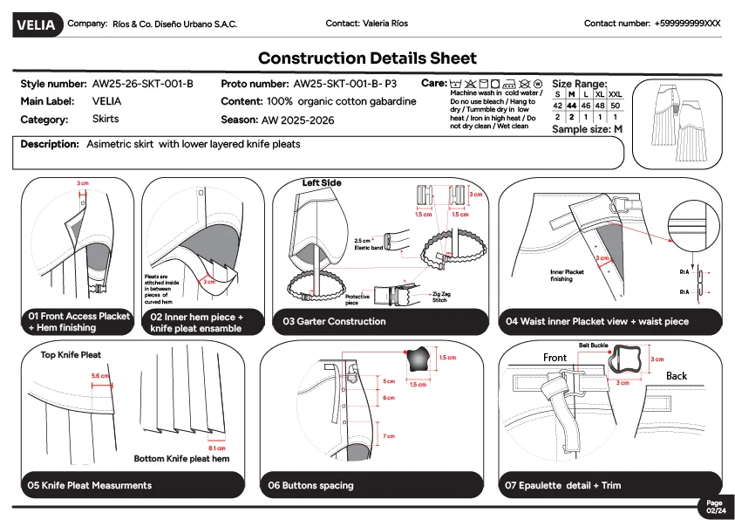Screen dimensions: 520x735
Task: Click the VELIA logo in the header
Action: click(36, 25)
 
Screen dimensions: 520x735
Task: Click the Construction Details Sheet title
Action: click(367, 58)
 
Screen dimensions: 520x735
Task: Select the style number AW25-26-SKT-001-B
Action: click(142, 84)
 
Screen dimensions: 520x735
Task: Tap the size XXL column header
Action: click(615, 94)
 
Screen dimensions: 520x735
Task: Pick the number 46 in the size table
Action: click(586, 105)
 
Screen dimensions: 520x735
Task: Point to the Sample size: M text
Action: click(587, 129)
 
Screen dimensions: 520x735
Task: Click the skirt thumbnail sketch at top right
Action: click(678, 124)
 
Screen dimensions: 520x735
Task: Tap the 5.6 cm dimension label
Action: click(101, 376)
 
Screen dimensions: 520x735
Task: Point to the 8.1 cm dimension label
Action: click(217, 448)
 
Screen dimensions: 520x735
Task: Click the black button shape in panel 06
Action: click(418, 358)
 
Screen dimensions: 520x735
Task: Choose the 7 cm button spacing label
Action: click(389, 435)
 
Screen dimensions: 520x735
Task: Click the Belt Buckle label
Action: click(593, 346)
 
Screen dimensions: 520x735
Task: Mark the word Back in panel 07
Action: click(677, 376)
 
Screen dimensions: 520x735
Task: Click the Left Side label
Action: click(322, 183)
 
